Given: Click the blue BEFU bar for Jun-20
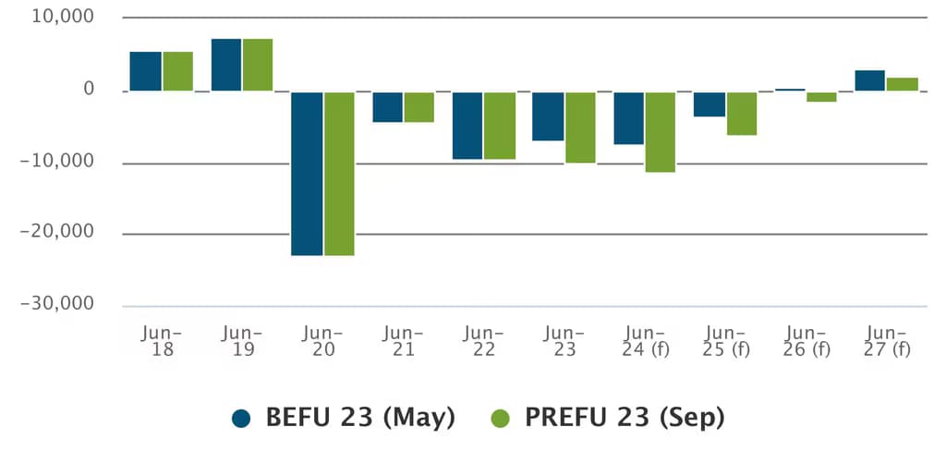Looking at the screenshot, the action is tap(307, 173).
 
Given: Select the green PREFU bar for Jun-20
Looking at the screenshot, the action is tap(339, 173).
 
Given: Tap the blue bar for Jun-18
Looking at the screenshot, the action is tap(145, 71).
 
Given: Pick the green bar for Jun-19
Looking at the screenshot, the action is tap(258, 66).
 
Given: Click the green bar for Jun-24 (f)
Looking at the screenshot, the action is tap(660, 132).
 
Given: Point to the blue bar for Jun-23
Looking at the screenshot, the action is tap(548, 116).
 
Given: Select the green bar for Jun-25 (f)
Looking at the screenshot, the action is tap(742, 114).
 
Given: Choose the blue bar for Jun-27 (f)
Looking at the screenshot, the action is tap(869, 81).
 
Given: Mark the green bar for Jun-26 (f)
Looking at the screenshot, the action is tap(821, 97).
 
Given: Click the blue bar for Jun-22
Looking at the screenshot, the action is tap(467, 126).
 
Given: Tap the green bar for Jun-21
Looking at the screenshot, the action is tap(419, 107).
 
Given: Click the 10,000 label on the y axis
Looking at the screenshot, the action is tap(63, 17).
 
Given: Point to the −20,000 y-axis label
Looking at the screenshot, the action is tap(57, 231).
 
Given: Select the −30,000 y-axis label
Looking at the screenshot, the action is tap(57, 303).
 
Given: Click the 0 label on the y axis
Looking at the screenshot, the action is tap(89, 90).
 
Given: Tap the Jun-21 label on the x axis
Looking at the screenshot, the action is tap(404, 341).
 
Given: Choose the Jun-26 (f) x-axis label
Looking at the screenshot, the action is tap(806, 341).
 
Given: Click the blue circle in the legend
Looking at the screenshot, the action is tap(241, 419).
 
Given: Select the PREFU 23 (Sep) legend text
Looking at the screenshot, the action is tap(625, 418).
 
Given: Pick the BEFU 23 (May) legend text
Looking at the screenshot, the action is tap(361, 418).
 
